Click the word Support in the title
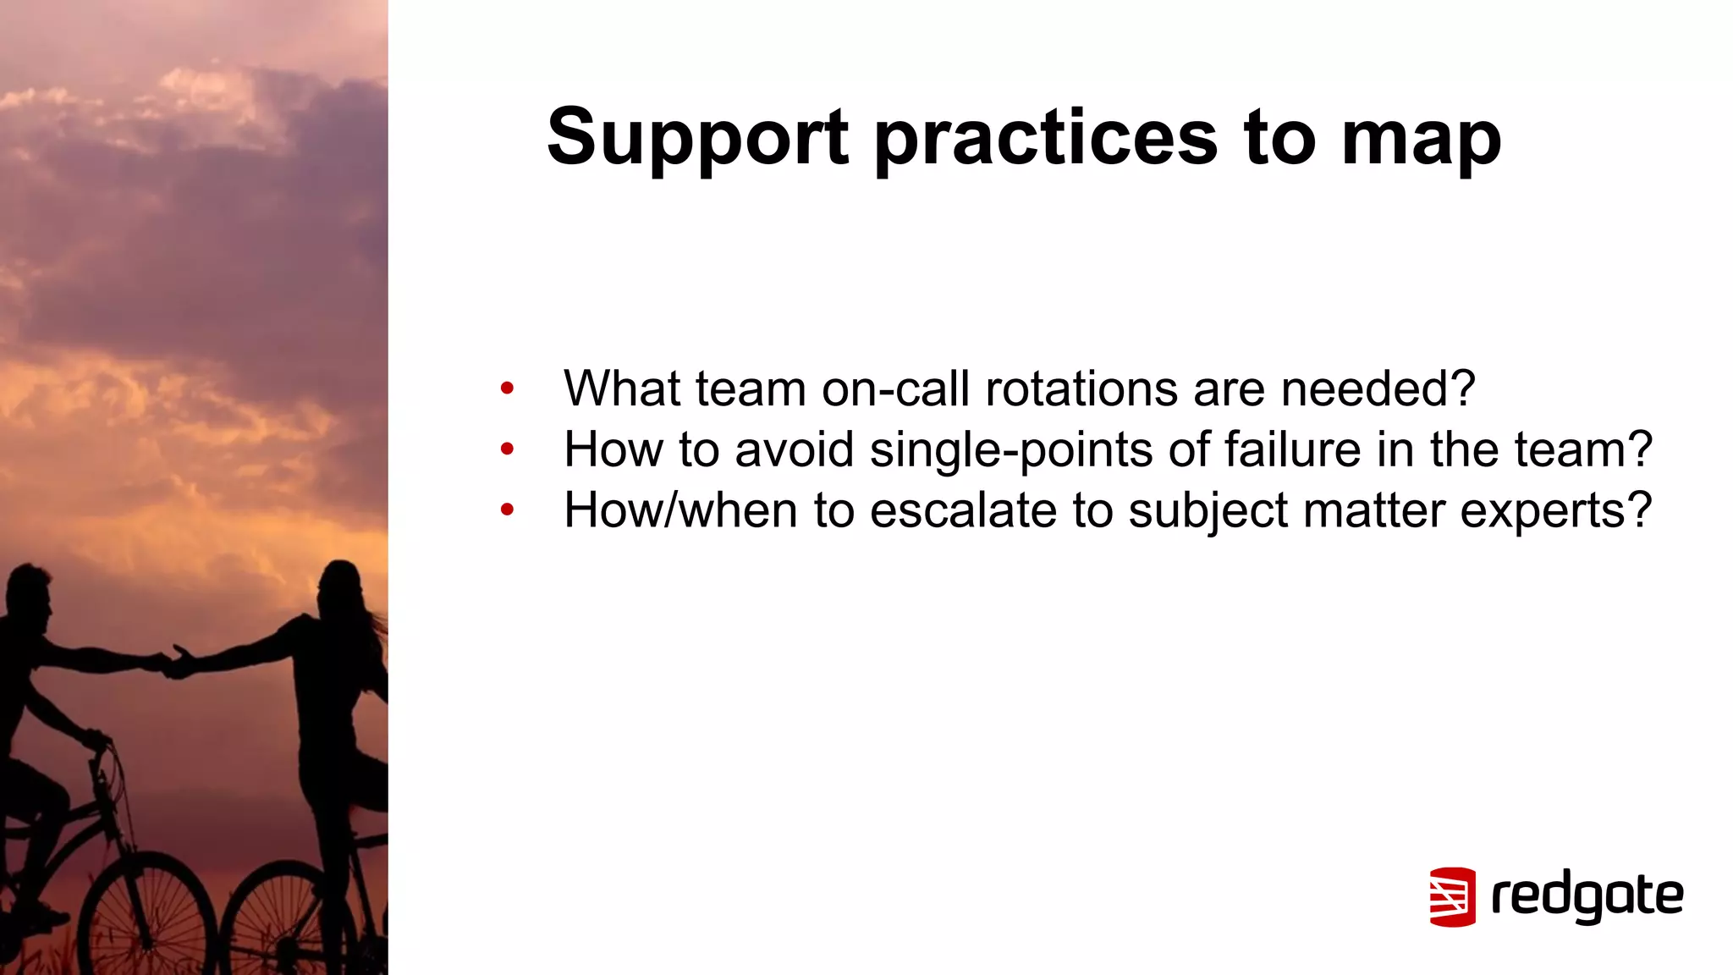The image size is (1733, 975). [x=697, y=138]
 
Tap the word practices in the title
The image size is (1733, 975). [x=1046, y=138]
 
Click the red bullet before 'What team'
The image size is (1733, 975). [x=507, y=389]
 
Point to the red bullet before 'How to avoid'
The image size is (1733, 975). [x=507, y=449]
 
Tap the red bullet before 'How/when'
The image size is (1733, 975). [x=507, y=510]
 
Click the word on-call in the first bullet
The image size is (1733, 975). [x=895, y=388]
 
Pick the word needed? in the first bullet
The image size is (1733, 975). [x=1378, y=388]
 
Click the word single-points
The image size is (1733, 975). [x=1011, y=449]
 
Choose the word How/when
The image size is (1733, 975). [x=680, y=510]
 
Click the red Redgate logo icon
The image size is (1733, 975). [x=1452, y=896]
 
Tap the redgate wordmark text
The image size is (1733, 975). [x=1587, y=896]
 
